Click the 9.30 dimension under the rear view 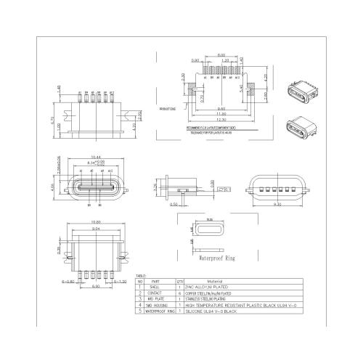click(277, 204)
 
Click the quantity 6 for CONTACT click(179, 293)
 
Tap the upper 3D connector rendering click(298, 92)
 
